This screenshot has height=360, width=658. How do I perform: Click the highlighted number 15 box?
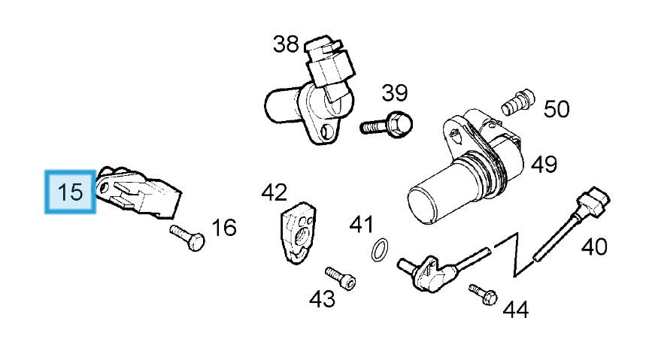71,192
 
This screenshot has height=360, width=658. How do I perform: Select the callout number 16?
223,227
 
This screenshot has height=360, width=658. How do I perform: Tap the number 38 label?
286,44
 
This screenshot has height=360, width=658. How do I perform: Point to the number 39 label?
394,93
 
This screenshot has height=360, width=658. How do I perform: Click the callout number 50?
556,109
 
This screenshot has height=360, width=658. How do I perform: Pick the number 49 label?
544,164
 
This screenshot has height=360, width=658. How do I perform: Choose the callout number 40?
594,246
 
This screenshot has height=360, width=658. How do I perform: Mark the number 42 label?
274,192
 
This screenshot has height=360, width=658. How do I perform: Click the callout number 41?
361,223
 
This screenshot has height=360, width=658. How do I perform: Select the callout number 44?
515,308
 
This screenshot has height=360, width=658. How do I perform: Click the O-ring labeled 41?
381,249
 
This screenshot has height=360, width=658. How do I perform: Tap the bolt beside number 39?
388,123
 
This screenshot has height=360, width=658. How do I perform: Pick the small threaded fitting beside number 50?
519,101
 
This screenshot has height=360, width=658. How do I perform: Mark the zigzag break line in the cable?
514,253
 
